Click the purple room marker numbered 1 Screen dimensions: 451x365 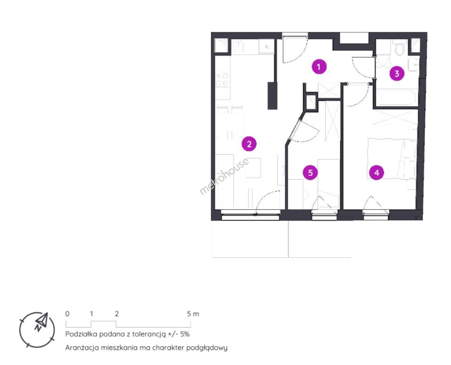coord(319,67)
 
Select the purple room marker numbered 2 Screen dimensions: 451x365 coord(249,144)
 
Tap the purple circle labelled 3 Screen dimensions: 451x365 coord(397,74)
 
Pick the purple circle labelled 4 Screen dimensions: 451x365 coord(376,173)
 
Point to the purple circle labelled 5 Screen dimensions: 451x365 coord(310,173)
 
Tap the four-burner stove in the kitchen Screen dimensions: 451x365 coord(222,79)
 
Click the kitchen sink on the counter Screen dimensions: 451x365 coord(238,47)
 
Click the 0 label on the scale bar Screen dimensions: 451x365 coord(67,314)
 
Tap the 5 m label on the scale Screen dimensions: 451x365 coord(193,314)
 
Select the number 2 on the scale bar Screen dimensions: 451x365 coord(117,314)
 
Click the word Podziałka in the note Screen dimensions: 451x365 coord(81,334)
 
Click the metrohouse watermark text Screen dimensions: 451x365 coord(224,176)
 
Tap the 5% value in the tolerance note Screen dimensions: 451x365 coord(185,334)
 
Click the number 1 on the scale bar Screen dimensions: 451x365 coord(91,314)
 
